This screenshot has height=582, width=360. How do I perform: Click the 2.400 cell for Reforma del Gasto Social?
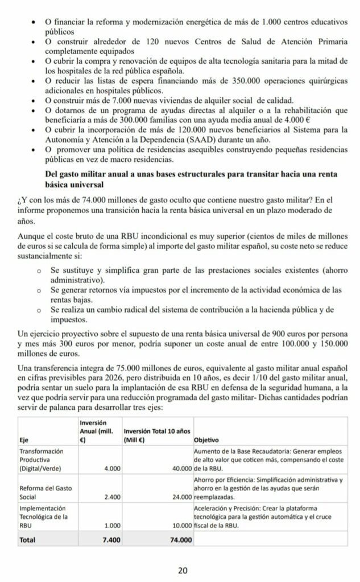(111, 496)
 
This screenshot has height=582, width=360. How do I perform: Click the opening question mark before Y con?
(21, 199)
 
